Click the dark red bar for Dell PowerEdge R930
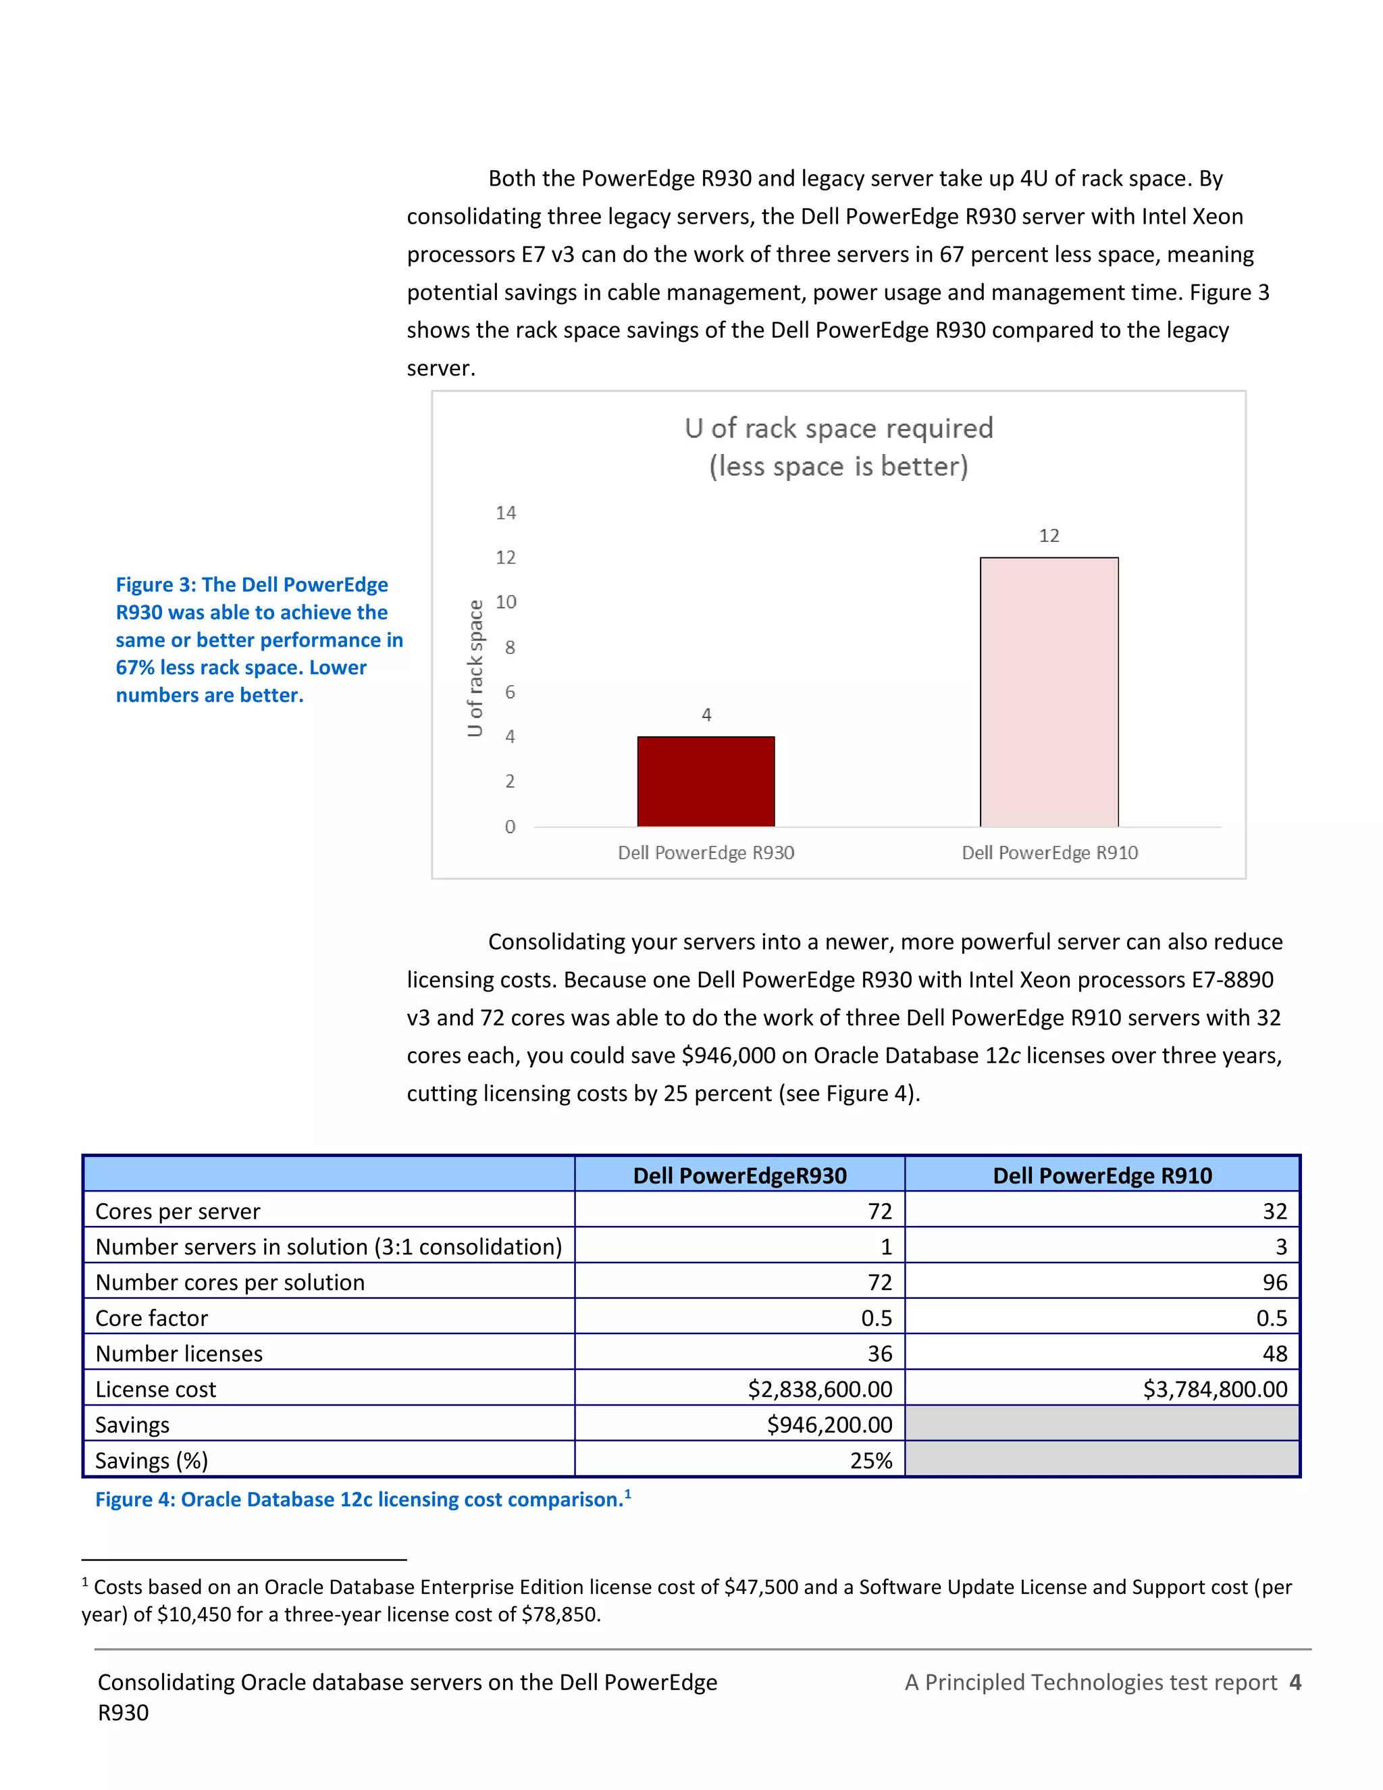point(706,781)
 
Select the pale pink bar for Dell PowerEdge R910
point(1049,692)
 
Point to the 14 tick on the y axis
point(506,513)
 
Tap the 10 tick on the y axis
point(506,603)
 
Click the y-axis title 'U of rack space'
point(475,668)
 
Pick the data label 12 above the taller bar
point(1049,536)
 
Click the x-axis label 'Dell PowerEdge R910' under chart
point(1049,853)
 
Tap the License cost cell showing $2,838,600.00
point(819,1389)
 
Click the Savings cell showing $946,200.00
point(829,1425)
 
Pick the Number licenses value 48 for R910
point(1274,1354)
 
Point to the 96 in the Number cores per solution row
point(1274,1283)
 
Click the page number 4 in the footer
point(1295,1683)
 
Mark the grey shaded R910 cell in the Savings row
point(1101,1425)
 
